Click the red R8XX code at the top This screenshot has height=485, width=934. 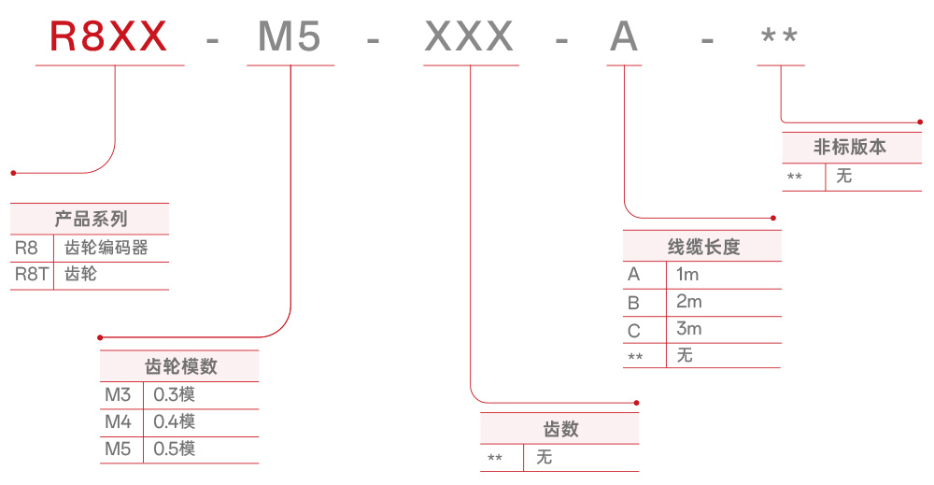(x=108, y=37)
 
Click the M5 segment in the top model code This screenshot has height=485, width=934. (x=290, y=37)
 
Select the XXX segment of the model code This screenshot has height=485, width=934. (x=470, y=37)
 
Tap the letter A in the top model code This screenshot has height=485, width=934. (x=624, y=37)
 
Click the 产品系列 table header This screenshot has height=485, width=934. (x=91, y=220)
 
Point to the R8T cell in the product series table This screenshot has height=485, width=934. (x=31, y=275)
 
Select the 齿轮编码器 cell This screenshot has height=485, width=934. (x=106, y=248)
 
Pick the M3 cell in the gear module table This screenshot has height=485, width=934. (x=119, y=394)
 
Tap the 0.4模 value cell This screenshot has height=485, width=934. (x=175, y=421)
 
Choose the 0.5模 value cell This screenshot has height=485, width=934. (x=175, y=449)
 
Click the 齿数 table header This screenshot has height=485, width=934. (x=561, y=429)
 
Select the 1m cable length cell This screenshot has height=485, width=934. (x=687, y=275)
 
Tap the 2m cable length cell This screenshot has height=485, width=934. (x=688, y=302)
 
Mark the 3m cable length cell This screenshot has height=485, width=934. (x=688, y=329)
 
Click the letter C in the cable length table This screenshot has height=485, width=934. (x=634, y=330)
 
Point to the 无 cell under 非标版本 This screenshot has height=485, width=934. (x=844, y=176)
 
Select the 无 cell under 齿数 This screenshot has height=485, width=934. (x=545, y=457)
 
